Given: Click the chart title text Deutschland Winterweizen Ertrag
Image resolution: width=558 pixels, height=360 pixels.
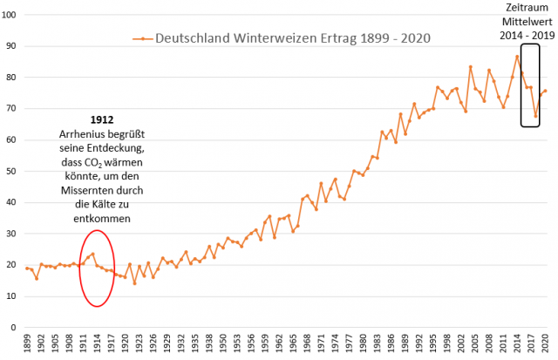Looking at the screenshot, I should click(x=292, y=38).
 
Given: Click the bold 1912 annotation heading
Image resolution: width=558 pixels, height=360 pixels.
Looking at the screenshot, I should click(x=102, y=119).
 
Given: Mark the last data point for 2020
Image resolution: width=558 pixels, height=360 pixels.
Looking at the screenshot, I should click(x=545, y=91).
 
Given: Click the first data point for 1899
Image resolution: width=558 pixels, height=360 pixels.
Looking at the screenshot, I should click(x=27, y=268).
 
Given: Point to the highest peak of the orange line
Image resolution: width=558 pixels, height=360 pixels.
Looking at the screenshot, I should click(x=517, y=57).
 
